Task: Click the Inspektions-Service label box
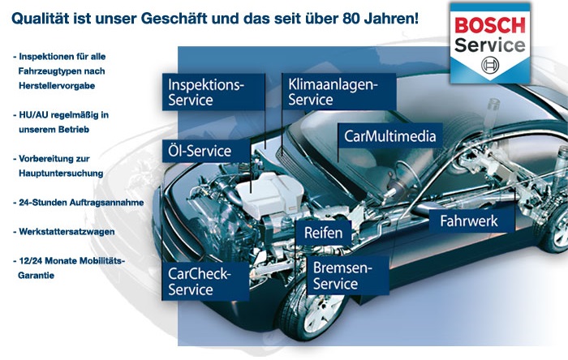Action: coord(213,92)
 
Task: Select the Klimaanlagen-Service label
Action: coord(338,92)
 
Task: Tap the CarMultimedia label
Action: coord(390,136)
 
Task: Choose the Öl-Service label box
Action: coord(206,151)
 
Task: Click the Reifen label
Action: coord(324,233)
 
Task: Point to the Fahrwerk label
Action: coord(471,221)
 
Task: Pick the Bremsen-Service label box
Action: coord(348,276)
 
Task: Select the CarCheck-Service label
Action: coord(205,281)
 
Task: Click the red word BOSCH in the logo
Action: coord(490,25)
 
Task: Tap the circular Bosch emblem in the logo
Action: coord(490,65)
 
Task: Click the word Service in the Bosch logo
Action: coord(490,45)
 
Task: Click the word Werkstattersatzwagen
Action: coord(67,232)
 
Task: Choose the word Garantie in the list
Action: coord(37,276)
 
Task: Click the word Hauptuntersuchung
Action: coord(61,174)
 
